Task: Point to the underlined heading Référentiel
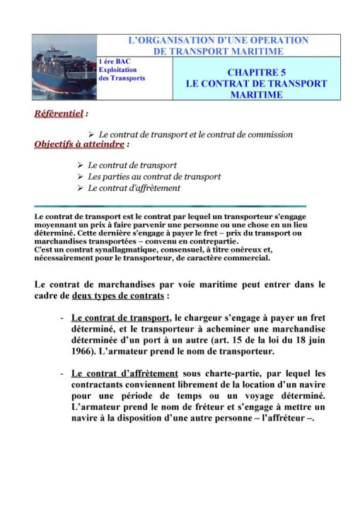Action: [x=60, y=112]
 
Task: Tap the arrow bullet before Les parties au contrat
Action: [x=80, y=177]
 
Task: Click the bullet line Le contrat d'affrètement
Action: [x=134, y=188]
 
